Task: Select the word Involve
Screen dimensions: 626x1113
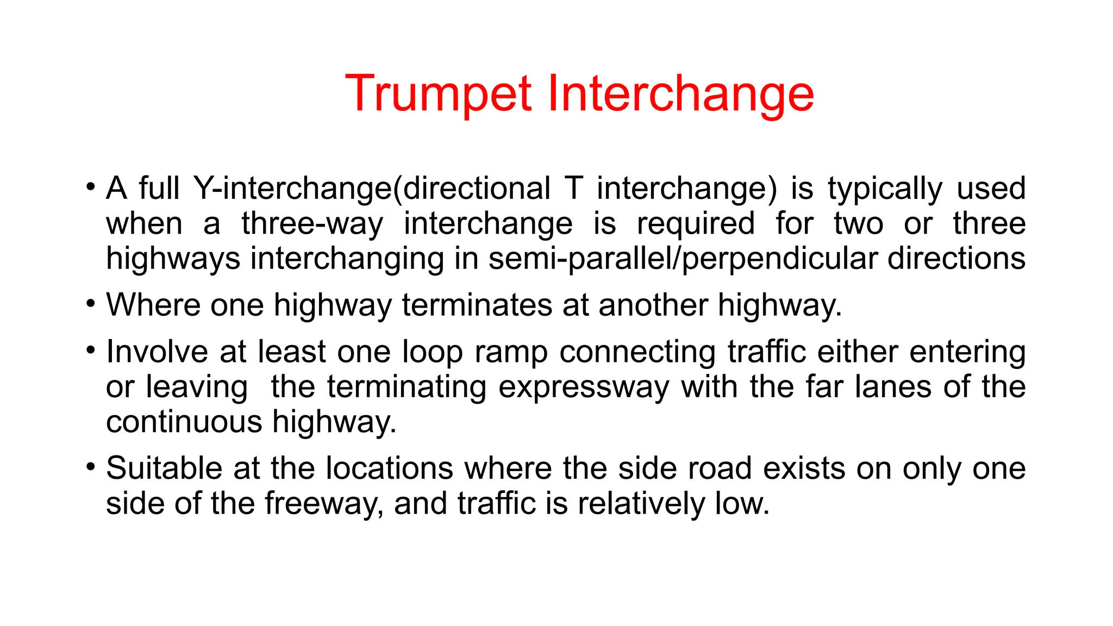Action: pyautogui.click(x=157, y=352)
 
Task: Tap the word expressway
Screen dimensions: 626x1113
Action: pyautogui.click(x=584, y=387)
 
